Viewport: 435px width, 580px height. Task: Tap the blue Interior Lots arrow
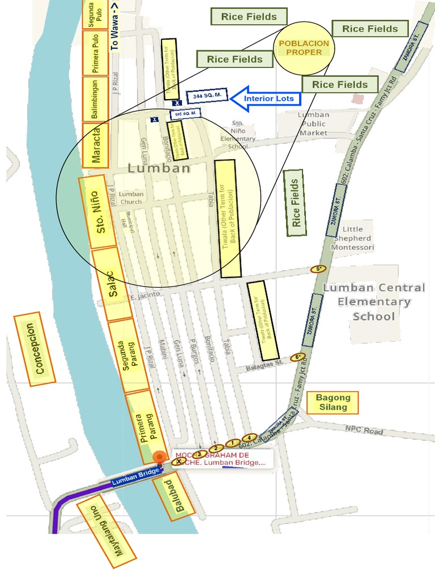266,98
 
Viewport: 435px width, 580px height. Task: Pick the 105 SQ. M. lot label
186,114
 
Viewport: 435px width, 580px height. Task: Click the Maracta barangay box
96,146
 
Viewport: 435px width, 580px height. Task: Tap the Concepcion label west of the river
35,349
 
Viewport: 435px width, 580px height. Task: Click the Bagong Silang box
333,402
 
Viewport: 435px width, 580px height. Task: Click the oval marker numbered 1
231,443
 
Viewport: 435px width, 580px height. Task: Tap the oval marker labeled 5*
319,269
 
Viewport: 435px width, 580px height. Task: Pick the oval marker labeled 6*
297,357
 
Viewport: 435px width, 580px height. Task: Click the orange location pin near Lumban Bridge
160,457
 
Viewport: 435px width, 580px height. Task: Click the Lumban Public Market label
313,123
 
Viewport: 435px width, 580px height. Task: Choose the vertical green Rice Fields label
295,202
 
